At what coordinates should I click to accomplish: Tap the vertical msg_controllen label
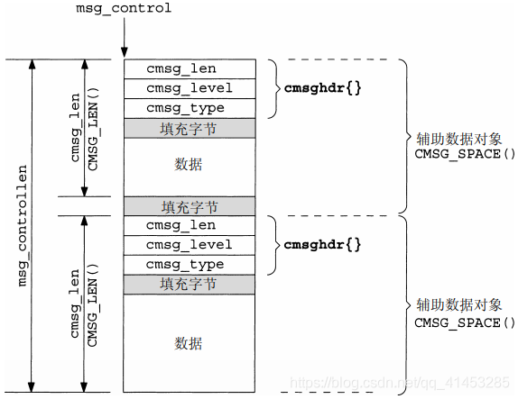point(24,225)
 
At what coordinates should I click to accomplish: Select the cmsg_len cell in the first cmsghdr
point(189,68)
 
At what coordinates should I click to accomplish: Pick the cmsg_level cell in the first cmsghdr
point(189,88)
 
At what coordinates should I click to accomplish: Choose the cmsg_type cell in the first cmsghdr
point(189,108)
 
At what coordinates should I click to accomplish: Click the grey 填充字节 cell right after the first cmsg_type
point(189,129)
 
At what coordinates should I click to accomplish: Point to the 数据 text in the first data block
point(189,164)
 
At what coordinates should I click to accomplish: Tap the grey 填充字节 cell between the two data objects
point(189,205)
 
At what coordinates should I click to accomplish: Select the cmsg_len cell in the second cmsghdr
point(189,225)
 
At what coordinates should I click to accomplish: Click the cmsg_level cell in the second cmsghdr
point(189,245)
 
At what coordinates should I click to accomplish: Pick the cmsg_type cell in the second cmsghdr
point(189,265)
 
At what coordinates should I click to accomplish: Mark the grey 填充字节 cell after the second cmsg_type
point(189,285)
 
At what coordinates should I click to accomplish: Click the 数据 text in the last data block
point(189,343)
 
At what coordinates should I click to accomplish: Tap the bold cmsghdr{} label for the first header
point(322,88)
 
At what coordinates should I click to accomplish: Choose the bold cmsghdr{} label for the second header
point(322,245)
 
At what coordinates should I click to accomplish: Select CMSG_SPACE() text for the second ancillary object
point(464,322)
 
